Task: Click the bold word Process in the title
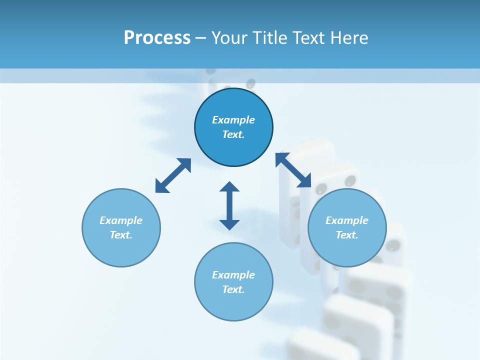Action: (157, 38)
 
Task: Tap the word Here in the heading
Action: (348, 38)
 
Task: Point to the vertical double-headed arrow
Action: (229, 205)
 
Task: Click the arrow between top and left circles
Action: (173, 175)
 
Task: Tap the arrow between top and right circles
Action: (293, 170)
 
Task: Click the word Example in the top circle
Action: (233, 120)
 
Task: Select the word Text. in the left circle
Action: (121, 235)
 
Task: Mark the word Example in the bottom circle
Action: (233, 275)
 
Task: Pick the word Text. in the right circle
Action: (347, 235)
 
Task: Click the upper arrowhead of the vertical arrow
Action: (229, 187)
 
